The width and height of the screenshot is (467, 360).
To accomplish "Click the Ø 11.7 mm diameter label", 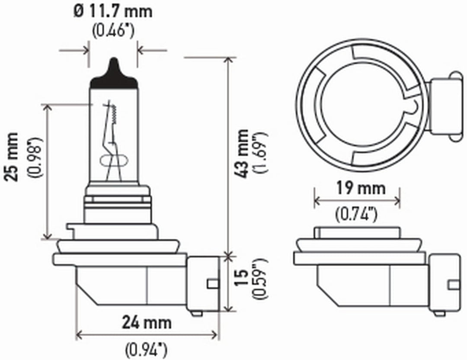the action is pos(112,12).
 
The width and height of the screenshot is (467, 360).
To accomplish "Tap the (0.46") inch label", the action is pos(113,30).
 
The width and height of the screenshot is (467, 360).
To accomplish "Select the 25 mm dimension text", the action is pos(11,157).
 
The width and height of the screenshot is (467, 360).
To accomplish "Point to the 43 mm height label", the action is pos(242,154).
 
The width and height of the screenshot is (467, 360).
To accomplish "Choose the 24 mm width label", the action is pos(147,323).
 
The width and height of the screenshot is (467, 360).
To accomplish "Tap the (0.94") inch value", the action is pos(146,350).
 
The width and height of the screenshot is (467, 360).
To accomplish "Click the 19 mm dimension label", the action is pos(361,188).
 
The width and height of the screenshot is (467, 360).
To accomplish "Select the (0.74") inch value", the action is pos(356,214).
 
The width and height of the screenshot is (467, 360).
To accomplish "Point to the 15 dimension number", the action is pos(242,277).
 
